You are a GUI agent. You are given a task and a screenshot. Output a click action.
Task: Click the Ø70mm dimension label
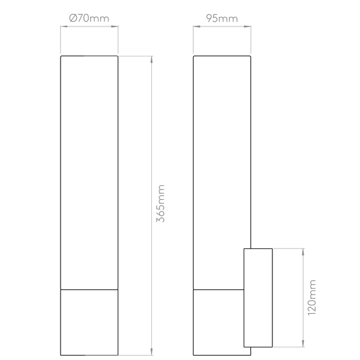[89, 19]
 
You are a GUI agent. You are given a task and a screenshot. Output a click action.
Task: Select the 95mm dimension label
[221, 19]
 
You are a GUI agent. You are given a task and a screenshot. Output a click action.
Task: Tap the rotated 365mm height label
[161, 204]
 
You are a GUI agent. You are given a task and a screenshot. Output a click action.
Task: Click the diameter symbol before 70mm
[73, 19]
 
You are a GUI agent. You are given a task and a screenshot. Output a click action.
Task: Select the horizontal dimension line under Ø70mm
[89, 25]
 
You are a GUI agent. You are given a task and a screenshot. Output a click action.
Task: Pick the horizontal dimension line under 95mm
[221, 25]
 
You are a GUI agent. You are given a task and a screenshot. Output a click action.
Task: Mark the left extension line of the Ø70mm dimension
[61, 39]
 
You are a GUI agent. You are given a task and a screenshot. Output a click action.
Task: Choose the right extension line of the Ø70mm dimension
[118, 39]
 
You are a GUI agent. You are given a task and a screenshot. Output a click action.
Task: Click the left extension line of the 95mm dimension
[192, 39]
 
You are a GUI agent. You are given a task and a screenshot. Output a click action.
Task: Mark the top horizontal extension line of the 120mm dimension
[288, 247]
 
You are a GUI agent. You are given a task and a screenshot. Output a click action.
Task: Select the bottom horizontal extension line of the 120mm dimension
[288, 347]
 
